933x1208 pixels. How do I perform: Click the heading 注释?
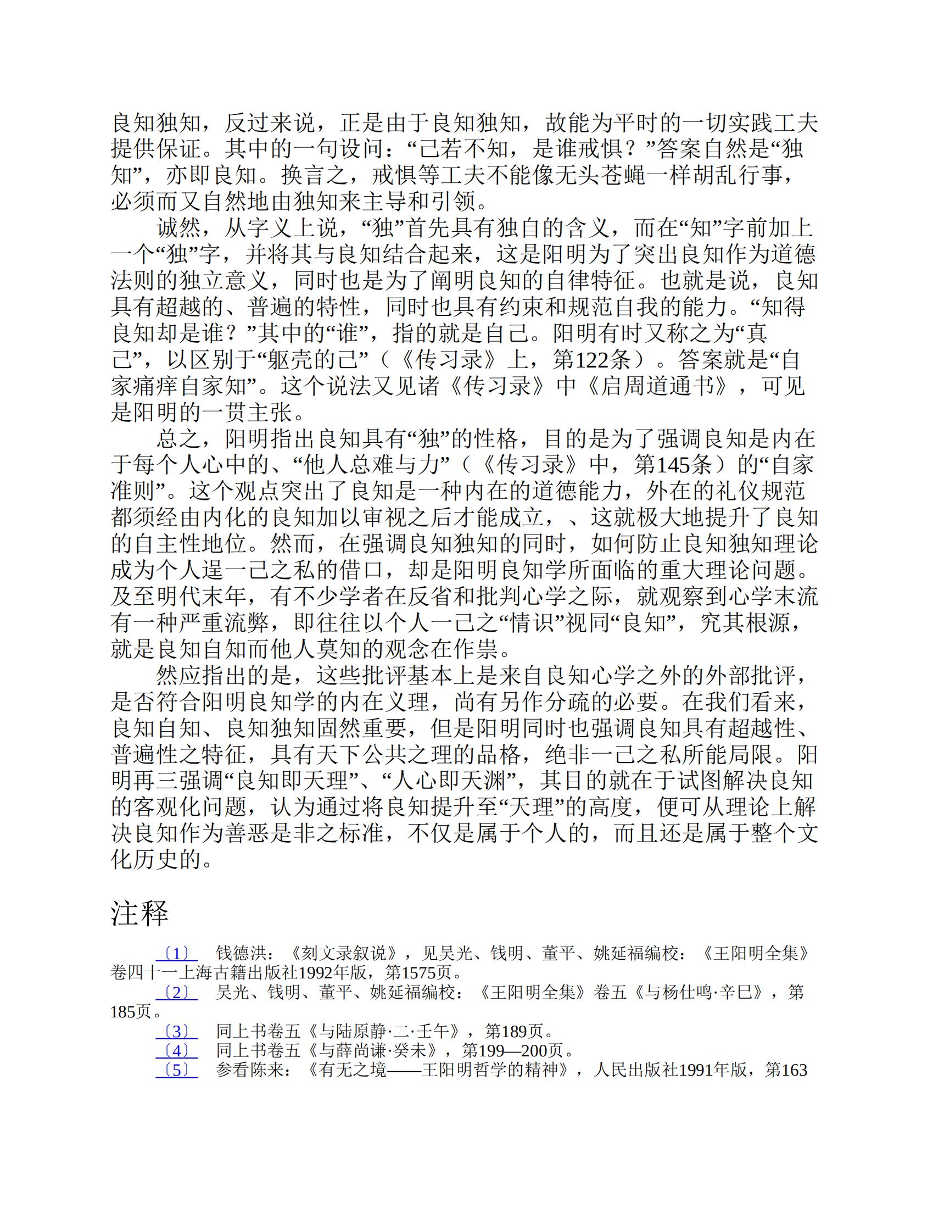(x=139, y=913)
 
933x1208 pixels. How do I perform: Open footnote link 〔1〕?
(x=176, y=954)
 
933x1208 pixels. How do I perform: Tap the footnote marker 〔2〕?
(x=176, y=992)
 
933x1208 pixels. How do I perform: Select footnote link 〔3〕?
(x=176, y=1031)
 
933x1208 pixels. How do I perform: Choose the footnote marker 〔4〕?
(x=176, y=1050)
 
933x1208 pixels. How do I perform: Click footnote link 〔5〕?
(x=176, y=1070)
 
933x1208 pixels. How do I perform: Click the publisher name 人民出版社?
(x=636, y=1070)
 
